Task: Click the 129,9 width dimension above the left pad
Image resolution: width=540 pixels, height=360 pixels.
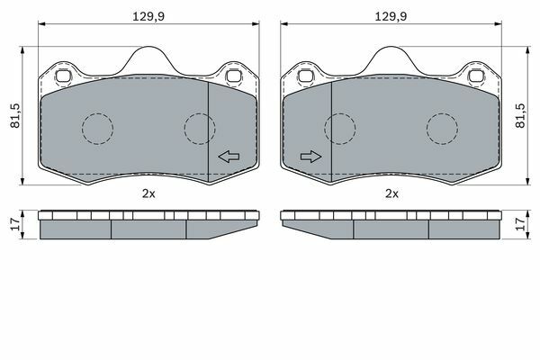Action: [148, 16]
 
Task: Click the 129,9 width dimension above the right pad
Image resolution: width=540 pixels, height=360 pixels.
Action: [391, 16]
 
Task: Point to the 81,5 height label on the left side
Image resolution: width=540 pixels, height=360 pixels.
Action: [15, 116]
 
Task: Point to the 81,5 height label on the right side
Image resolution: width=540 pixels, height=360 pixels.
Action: [520, 116]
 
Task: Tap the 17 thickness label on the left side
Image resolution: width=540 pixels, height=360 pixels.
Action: [15, 224]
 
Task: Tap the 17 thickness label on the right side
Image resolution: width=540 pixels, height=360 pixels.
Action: [521, 224]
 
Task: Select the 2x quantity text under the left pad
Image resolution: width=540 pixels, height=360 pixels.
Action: [148, 193]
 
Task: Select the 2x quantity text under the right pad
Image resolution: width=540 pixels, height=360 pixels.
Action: [391, 193]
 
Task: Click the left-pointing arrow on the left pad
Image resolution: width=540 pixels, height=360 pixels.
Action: [229, 157]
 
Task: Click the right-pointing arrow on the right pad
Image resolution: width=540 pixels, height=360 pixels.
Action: [311, 157]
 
